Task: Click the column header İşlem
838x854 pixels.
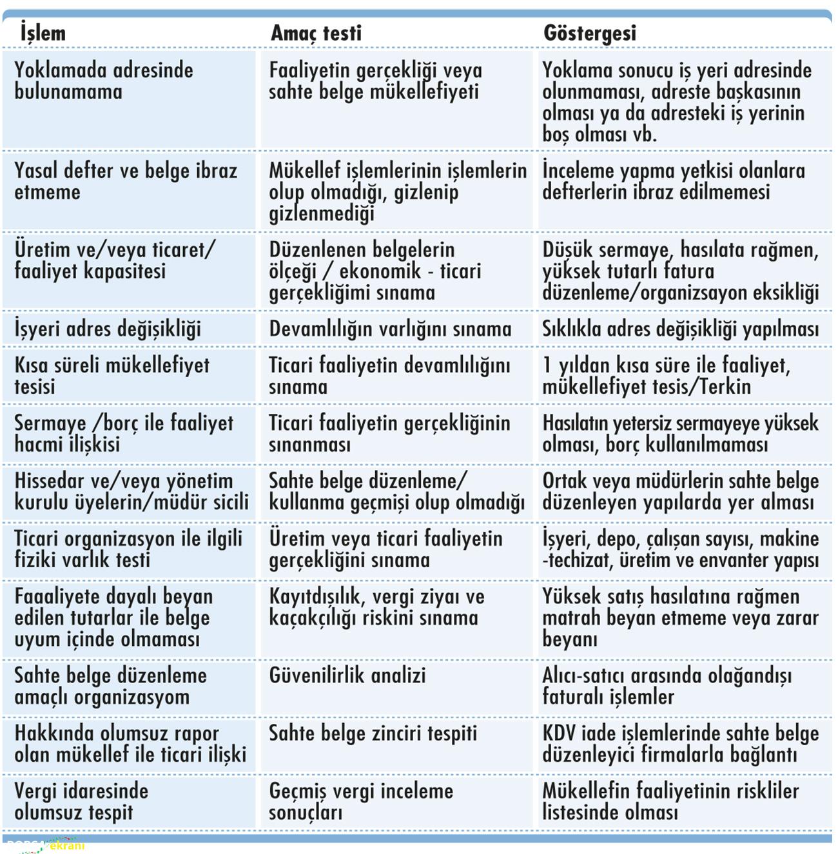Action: click(x=43, y=33)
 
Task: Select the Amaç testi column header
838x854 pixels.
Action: click(x=316, y=33)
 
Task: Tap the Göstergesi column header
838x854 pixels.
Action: click(x=590, y=33)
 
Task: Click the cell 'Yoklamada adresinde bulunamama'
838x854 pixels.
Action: click(x=104, y=81)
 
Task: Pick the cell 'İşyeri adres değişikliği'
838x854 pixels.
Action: click(x=108, y=329)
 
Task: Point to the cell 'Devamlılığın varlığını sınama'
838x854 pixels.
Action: click(x=390, y=329)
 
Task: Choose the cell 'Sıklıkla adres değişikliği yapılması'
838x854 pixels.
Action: click(x=680, y=329)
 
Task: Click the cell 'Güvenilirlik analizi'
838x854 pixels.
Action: click(x=347, y=675)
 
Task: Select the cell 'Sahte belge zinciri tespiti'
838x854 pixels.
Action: click(x=373, y=733)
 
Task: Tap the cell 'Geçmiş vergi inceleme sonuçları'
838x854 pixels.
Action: click(x=361, y=801)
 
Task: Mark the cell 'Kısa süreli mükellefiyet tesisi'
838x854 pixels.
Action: click(x=112, y=375)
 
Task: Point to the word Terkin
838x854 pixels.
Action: click(x=722, y=386)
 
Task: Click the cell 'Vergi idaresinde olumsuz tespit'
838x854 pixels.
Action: click(x=81, y=801)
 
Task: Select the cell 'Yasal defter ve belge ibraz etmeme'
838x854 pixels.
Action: click(x=126, y=181)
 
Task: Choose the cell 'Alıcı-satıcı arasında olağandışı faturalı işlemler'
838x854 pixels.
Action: click(x=667, y=686)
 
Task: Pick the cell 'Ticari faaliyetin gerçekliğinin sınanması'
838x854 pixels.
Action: click(x=389, y=433)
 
